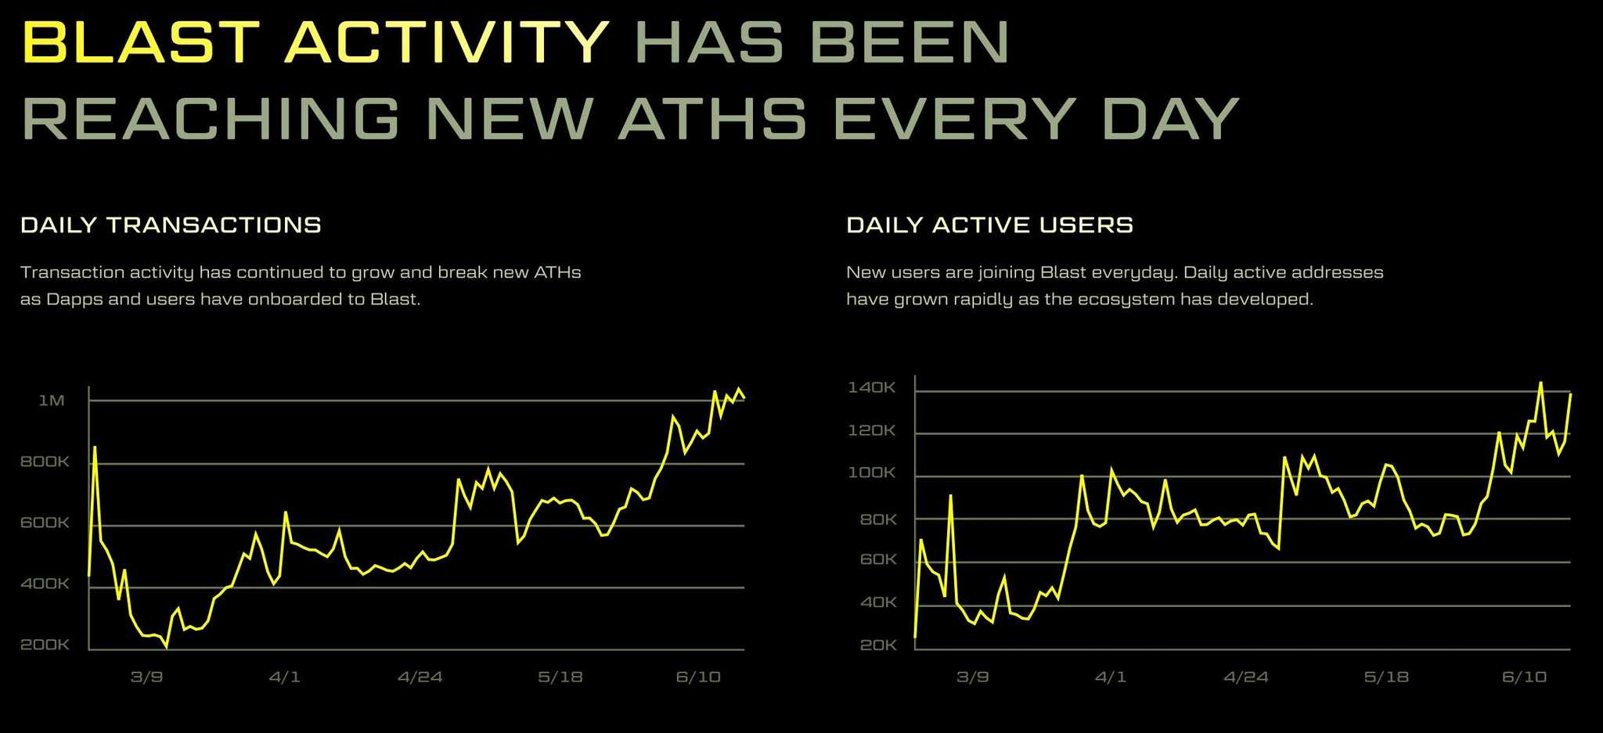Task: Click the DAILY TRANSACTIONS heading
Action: (171, 225)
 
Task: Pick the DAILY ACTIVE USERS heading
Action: (989, 225)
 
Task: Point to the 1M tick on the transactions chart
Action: (52, 401)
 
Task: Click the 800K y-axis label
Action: (45, 462)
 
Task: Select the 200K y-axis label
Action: (45, 645)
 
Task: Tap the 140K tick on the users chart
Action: (871, 387)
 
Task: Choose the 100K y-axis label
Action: (871, 472)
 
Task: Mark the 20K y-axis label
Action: (878, 645)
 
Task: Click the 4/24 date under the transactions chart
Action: (420, 677)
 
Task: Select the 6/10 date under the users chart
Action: (1524, 677)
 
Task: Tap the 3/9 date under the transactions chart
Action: (146, 677)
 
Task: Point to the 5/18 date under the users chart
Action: (1386, 677)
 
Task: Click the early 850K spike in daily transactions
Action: (95, 447)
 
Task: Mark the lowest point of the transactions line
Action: (166, 647)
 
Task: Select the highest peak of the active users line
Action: (1540, 383)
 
